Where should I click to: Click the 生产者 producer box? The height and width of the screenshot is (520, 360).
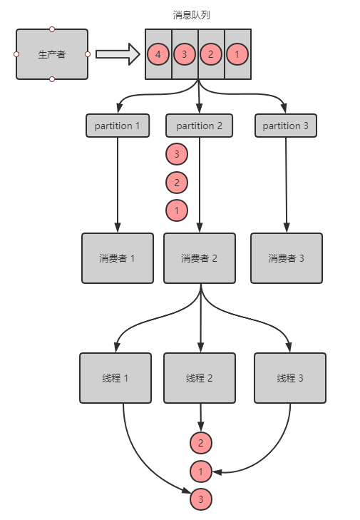pyautogui.click(x=52, y=54)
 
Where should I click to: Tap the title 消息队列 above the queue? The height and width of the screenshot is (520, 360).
pyautogui.click(x=191, y=15)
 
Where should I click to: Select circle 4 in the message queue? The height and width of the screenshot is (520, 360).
pyautogui.click(x=158, y=54)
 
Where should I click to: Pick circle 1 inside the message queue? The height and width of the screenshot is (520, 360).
pyautogui.click(x=237, y=54)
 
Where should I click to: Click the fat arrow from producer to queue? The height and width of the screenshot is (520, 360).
pyautogui.click(x=118, y=54)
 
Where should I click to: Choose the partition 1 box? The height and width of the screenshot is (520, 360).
pyautogui.click(x=118, y=126)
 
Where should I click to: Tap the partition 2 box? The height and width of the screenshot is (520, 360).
pyautogui.click(x=199, y=126)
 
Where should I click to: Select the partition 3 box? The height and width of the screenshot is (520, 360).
pyautogui.click(x=286, y=126)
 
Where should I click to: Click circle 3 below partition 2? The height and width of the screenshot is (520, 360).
pyautogui.click(x=177, y=154)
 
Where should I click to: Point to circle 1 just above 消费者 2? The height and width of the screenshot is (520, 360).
pyautogui.click(x=177, y=210)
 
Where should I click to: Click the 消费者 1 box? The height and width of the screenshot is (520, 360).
pyautogui.click(x=118, y=258)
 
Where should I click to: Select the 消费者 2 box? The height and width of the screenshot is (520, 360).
pyautogui.click(x=200, y=258)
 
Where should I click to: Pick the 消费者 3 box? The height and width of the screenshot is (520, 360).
pyautogui.click(x=287, y=258)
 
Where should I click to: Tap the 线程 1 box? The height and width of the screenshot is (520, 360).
pyautogui.click(x=115, y=378)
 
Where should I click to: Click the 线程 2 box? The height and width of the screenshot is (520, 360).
pyautogui.click(x=200, y=378)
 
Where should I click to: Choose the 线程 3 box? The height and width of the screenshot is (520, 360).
pyautogui.click(x=290, y=378)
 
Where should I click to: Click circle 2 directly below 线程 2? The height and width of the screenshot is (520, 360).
pyautogui.click(x=201, y=443)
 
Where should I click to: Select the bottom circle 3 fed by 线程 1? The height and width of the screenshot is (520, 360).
pyautogui.click(x=201, y=499)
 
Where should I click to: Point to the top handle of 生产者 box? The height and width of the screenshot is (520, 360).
pyautogui.click(x=52, y=29)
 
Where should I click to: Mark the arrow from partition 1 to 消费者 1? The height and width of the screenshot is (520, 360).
pyautogui.click(x=118, y=185)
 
